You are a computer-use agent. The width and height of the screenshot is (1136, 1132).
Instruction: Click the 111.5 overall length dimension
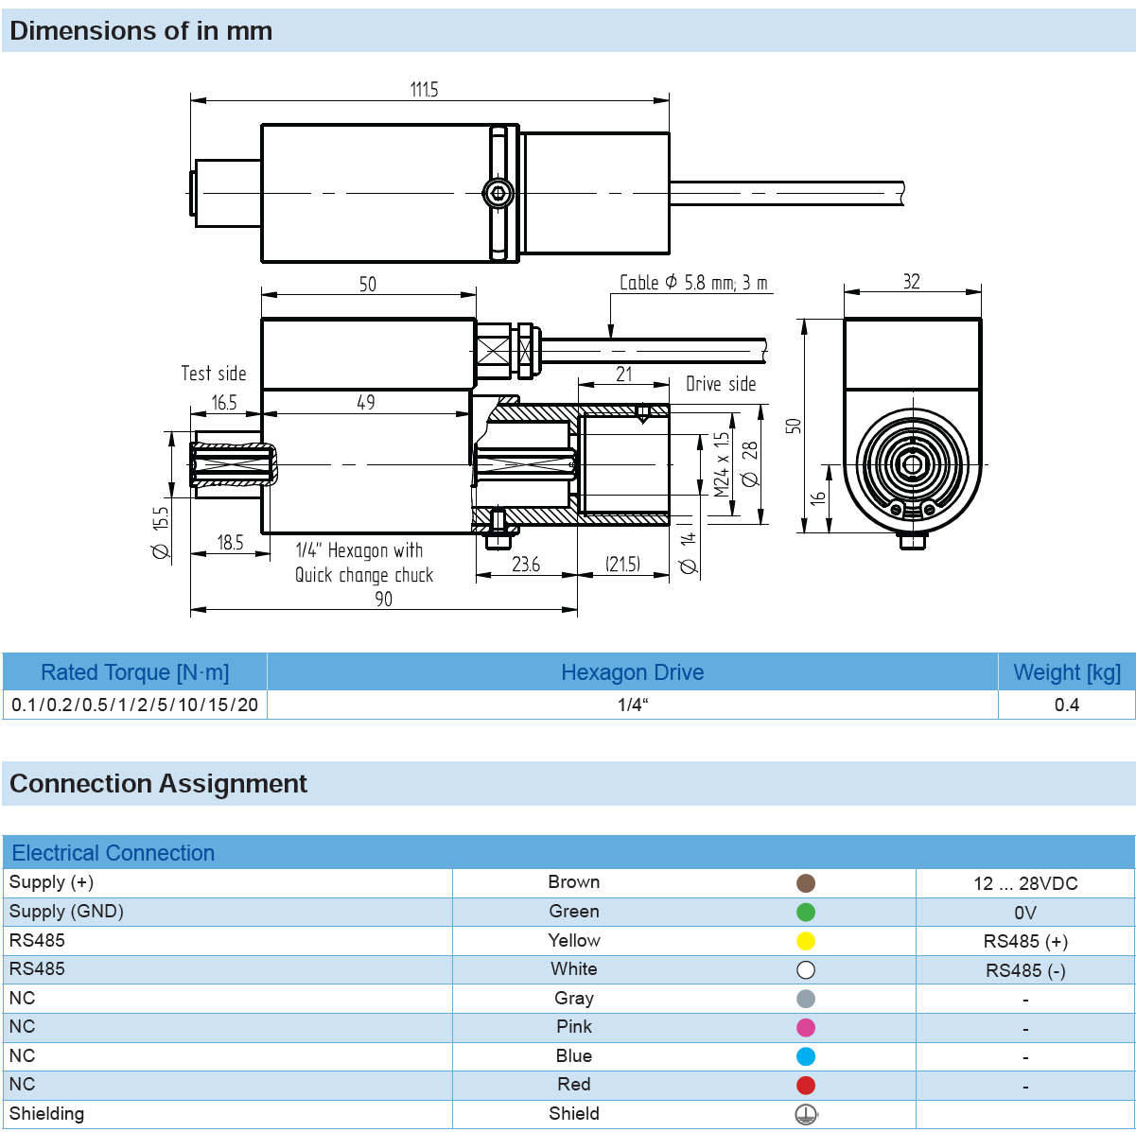424,90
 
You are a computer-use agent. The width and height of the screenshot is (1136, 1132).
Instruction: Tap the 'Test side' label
214,374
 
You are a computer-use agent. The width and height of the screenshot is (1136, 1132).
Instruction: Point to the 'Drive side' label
721,384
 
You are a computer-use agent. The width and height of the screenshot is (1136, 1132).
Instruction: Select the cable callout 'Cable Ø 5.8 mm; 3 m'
693,283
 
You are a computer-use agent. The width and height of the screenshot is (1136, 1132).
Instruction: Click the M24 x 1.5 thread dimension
722,464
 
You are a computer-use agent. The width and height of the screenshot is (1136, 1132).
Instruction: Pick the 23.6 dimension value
526,565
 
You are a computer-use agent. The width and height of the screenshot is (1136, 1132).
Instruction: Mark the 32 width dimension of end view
911,282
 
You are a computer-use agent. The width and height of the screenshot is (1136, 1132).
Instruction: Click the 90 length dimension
383,599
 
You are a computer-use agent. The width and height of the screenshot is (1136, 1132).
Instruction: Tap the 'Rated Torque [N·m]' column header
134,672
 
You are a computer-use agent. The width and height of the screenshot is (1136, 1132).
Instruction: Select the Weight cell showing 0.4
1067,705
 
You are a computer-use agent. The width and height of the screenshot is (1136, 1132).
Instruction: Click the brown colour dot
806,883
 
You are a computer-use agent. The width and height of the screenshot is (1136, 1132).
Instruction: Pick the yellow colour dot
806,941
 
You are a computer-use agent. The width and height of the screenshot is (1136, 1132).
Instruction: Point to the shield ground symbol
806,1114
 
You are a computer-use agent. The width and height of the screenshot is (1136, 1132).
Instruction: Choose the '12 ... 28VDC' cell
1025,883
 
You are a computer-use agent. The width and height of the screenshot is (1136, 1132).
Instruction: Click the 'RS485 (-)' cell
1025,970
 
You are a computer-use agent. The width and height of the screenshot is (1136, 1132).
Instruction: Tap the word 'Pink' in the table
574,1027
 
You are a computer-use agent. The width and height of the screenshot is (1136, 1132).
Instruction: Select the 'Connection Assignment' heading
158,784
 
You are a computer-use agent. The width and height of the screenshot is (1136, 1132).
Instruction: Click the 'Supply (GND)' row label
66,912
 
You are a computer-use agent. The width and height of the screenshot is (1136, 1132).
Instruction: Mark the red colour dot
806,1086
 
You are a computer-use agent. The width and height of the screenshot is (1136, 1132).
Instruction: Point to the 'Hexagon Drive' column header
632,672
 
